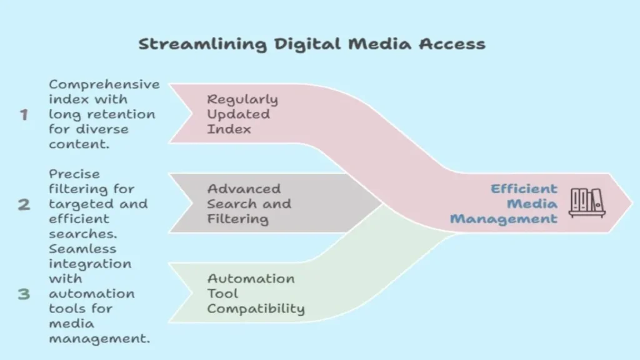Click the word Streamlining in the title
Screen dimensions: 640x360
(202, 44)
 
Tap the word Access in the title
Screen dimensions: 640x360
(452, 44)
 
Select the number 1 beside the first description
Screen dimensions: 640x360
(24, 115)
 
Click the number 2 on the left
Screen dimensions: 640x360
(24, 204)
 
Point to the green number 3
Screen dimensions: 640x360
(24, 294)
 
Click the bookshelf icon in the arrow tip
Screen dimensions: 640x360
(587, 203)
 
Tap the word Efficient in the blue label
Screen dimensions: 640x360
(524, 189)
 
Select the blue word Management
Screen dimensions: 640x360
(504, 219)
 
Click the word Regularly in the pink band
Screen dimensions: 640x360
(242, 99)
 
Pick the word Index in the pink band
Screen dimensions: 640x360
(229, 129)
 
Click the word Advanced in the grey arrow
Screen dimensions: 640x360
(244, 189)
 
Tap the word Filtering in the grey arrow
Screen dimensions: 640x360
(237, 219)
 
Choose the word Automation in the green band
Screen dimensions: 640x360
(251, 278)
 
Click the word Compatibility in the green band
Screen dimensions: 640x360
(256, 309)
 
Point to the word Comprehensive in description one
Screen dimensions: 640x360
(104, 85)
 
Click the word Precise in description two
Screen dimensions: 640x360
(74, 174)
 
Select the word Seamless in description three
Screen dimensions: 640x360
(82, 249)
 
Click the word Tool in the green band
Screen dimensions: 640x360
(222, 294)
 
